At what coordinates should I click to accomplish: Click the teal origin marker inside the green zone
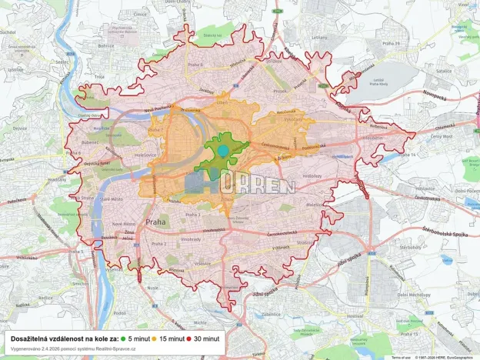[x=223, y=150]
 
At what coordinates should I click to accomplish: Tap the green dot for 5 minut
[x=123, y=338]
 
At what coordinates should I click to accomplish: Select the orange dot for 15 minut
[x=155, y=338]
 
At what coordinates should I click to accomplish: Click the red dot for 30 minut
[x=189, y=338]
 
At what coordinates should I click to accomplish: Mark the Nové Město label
[x=125, y=224]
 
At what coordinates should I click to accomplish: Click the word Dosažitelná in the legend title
[x=35, y=338]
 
